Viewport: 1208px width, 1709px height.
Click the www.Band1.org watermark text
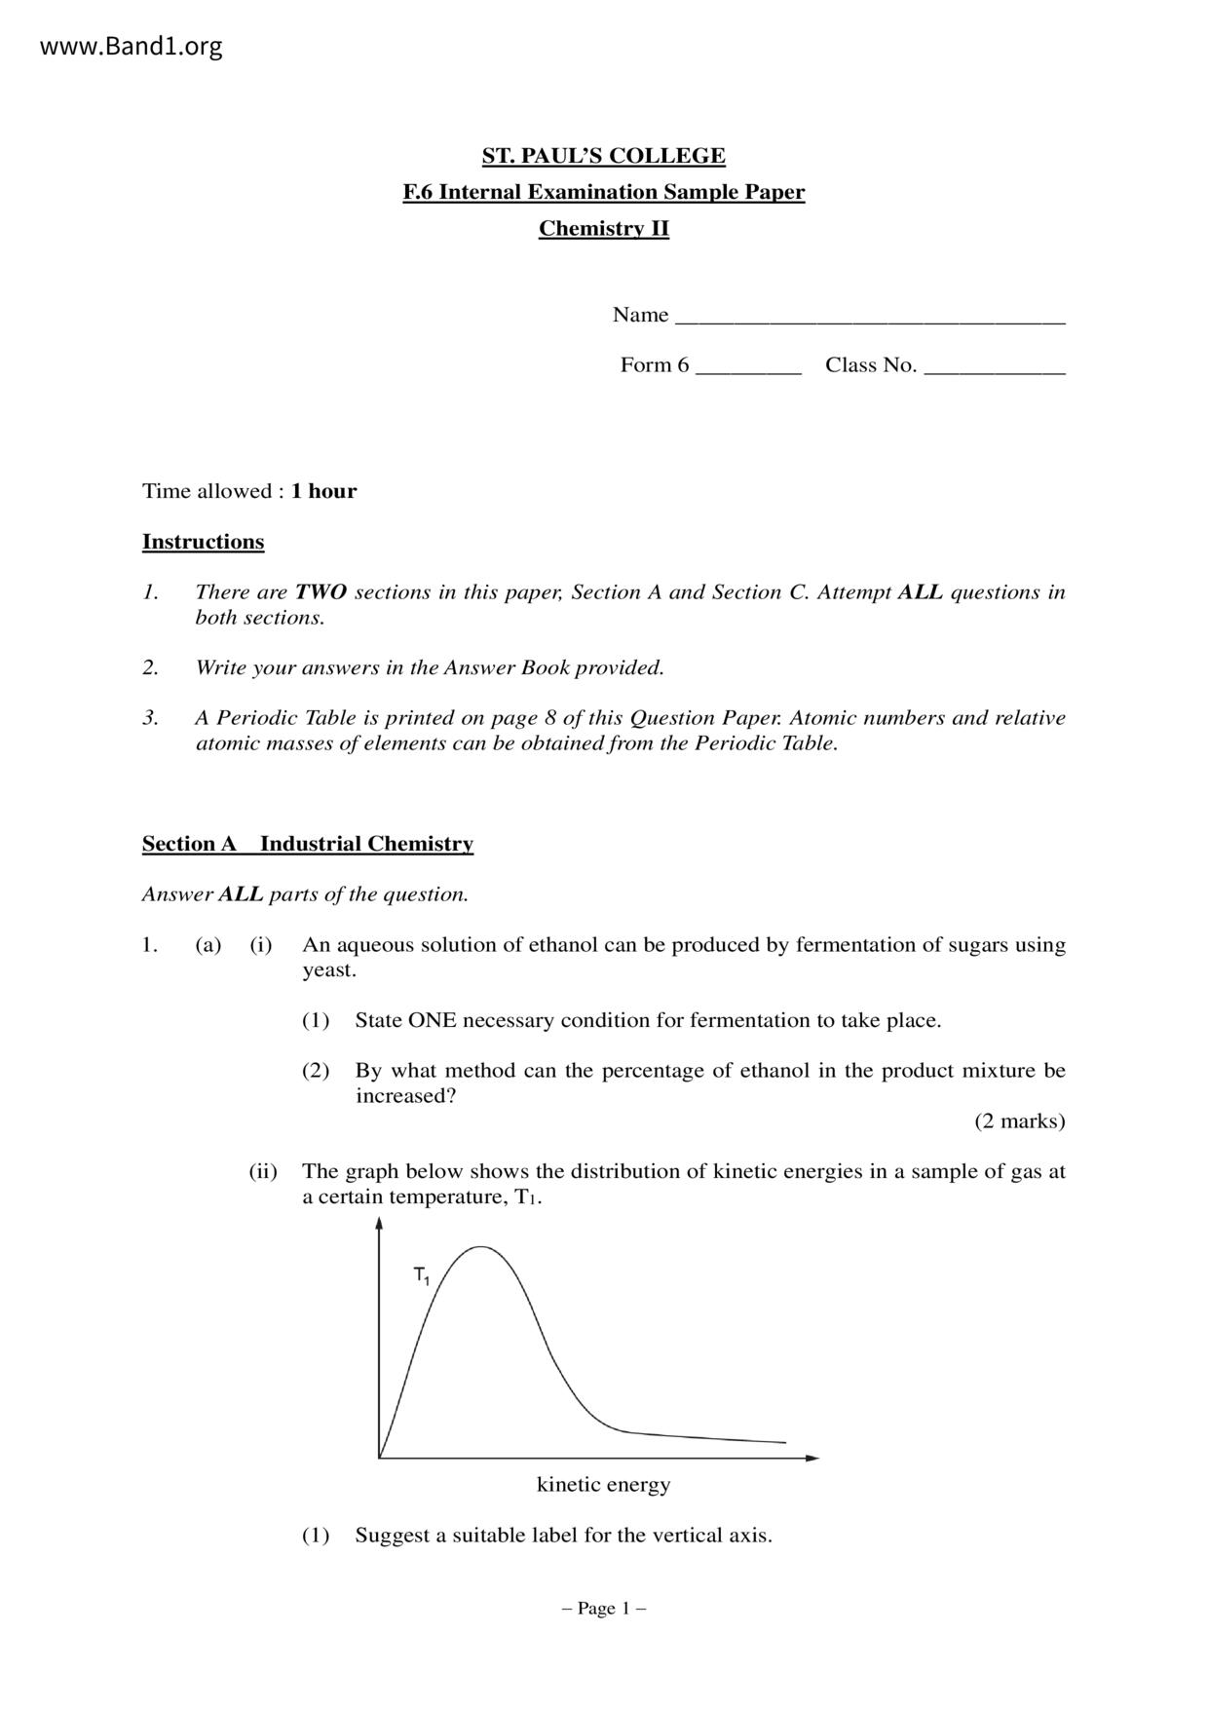click(x=131, y=46)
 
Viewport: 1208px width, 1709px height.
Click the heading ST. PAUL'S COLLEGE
click(x=604, y=156)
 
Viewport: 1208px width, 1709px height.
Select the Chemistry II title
click(x=604, y=229)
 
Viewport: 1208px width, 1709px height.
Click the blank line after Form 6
click(x=748, y=369)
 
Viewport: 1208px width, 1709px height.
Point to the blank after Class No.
click(x=994, y=369)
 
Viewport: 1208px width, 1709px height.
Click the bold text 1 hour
click(x=323, y=491)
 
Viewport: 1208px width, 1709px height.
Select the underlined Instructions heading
click(x=203, y=542)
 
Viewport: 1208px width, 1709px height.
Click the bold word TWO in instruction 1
click(x=321, y=592)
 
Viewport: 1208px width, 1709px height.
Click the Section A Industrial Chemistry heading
click(x=308, y=844)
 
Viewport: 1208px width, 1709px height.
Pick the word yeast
click(x=328, y=970)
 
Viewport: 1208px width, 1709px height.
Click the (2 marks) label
click(x=1019, y=1121)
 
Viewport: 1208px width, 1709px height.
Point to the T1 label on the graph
click(x=422, y=1275)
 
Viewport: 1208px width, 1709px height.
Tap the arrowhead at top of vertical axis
click(x=379, y=1225)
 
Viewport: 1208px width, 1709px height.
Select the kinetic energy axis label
click(x=603, y=1485)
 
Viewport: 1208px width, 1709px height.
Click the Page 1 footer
click(x=604, y=1609)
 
